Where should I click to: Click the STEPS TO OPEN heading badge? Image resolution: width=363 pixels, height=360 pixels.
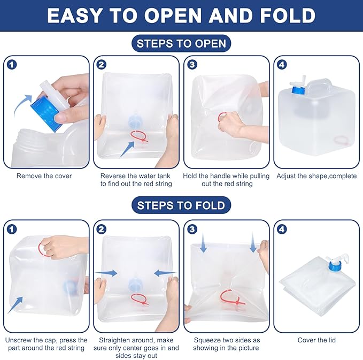click(x=181, y=43)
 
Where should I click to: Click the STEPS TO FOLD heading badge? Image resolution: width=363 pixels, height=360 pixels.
click(x=181, y=205)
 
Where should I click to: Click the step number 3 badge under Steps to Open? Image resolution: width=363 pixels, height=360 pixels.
click(x=192, y=65)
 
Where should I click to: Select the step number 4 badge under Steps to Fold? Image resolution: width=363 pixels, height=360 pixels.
click(x=282, y=229)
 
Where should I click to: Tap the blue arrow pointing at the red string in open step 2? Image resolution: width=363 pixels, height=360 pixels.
click(x=127, y=150)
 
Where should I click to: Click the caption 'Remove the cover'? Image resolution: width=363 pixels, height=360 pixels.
click(x=44, y=176)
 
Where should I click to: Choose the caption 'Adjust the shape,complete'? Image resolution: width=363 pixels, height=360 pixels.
click(x=316, y=176)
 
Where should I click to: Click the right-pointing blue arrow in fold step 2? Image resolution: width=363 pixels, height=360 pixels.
click(x=106, y=273)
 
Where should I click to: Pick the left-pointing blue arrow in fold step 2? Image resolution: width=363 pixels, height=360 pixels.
click(x=165, y=273)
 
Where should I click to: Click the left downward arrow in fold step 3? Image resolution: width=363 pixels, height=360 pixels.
click(x=203, y=242)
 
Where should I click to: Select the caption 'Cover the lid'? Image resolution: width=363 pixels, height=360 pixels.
click(x=316, y=340)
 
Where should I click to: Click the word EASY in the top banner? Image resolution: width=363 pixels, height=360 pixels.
click(x=74, y=16)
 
